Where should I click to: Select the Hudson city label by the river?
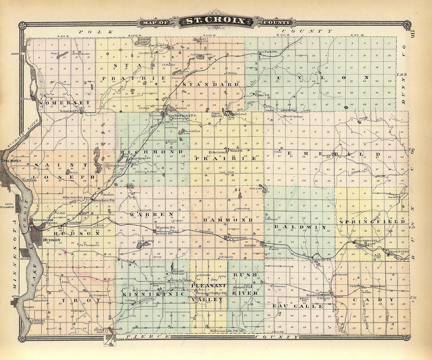pyautogui.click(x=52, y=240)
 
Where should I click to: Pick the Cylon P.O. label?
pyautogui.click(x=262, y=95)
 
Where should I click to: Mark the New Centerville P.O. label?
pyautogui.click(x=224, y=331)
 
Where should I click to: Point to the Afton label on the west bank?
pyautogui.click(x=16, y=296)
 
